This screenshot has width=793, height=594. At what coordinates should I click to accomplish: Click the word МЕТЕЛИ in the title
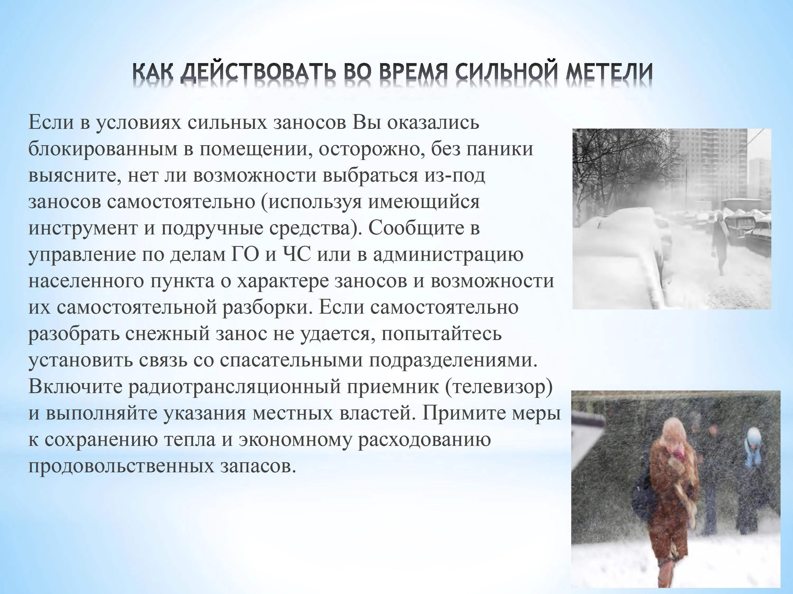click(609, 72)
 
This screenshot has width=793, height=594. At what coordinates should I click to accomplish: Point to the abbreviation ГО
click(243, 254)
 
